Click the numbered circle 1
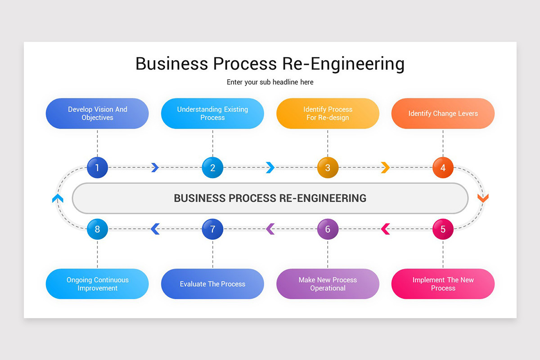click(x=97, y=168)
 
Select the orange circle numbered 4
click(x=443, y=168)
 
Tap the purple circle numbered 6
click(x=328, y=229)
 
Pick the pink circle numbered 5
click(x=443, y=229)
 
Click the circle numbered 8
click(x=97, y=229)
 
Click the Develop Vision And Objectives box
click(x=97, y=113)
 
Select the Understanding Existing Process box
click(x=212, y=113)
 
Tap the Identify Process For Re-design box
click(x=328, y=113)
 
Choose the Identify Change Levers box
click(x=443, y=113)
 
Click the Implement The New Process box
click(x=443, y=284)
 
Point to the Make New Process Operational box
click(x=328, y=284)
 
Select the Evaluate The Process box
click(x=212, y=284)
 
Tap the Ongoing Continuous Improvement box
click(x=97, y=284)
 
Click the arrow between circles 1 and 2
click(x=155, y=168)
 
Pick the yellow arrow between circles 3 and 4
click(x=385, y=168)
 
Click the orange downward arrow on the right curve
click(x=483, y=198)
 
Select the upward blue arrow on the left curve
click(x=58, y=198)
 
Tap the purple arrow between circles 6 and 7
click(x=270, y=229)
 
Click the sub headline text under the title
click(x=270, y=82)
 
